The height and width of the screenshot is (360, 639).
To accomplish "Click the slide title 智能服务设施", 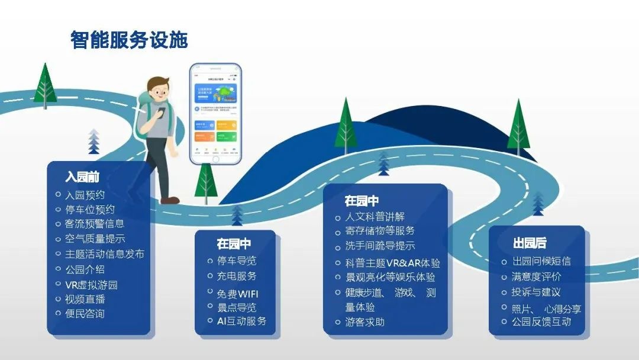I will point(129,40).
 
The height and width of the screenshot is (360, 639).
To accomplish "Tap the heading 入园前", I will point(82,176).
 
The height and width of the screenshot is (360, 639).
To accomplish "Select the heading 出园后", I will point(530,243).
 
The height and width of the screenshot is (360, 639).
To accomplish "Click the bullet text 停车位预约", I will point(89,209).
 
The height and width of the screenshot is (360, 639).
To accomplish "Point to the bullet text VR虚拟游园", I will point(91,284).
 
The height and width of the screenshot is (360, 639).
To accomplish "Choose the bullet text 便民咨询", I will point(85,313).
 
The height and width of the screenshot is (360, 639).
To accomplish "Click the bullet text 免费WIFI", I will point(237,294).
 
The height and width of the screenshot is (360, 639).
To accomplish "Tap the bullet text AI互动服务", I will point(241,321).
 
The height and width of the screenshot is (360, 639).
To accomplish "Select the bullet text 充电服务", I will point(237,276).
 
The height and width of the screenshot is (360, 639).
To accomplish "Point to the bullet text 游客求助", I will point(364,322).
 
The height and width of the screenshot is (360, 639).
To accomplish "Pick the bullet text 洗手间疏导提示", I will point(380,246).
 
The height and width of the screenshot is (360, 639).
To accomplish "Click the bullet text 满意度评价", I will point(537,277).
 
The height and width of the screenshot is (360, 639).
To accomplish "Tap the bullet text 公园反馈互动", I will point(541,322).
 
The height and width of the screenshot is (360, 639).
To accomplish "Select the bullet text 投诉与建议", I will point(536,292).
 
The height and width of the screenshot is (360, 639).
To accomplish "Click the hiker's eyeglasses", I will point(160,94).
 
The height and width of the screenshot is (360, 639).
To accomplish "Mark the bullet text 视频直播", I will point(85,299).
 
